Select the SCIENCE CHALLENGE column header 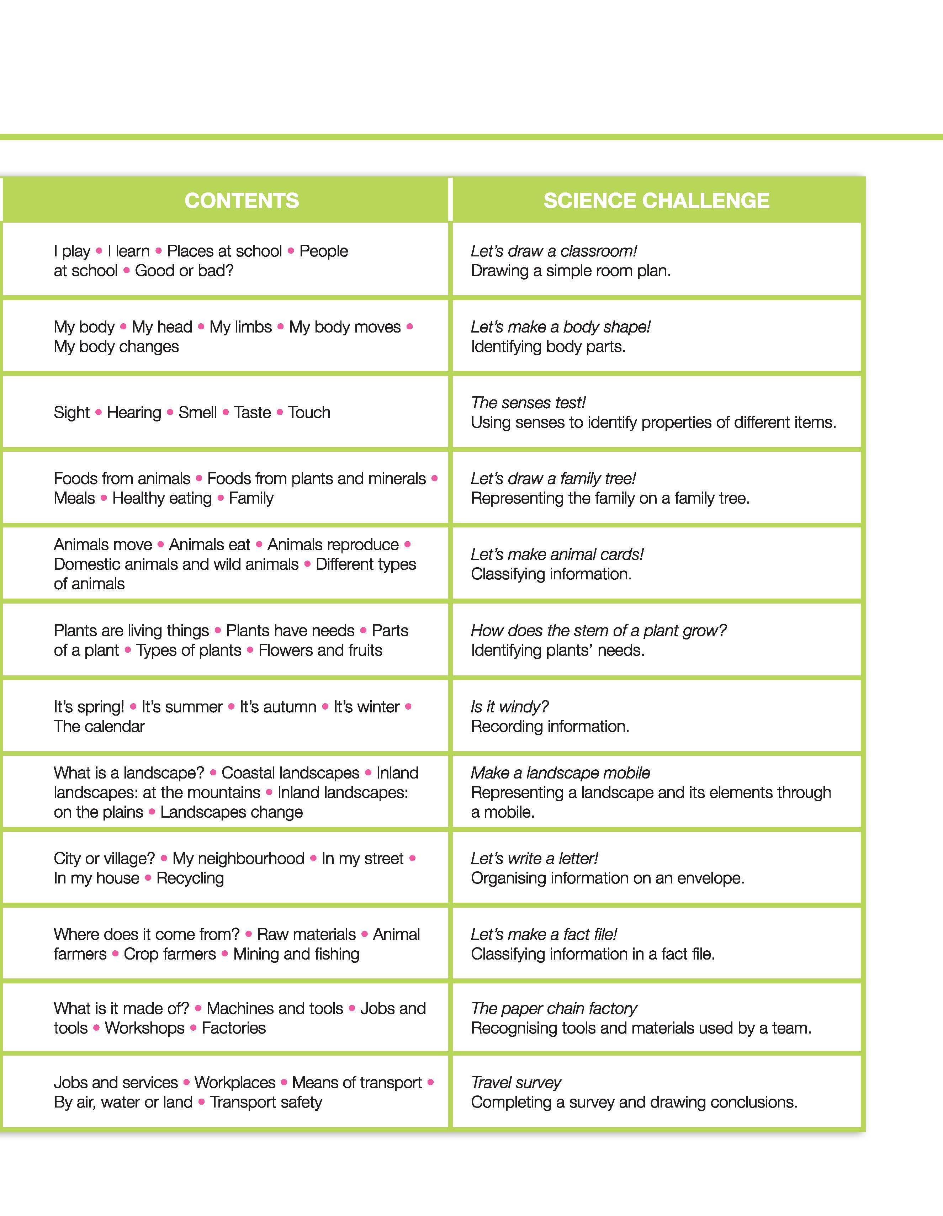click(656, 201)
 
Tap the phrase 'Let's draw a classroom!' click(553, 251)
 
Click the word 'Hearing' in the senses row click(134, 413)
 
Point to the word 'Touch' click(309, 413)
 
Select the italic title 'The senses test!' click(528, 403)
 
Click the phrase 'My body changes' click(116, 346)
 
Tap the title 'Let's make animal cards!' click(557, 554)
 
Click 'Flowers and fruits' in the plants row click(320, 650)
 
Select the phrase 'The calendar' click(99, 727)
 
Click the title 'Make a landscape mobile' click(560, 773)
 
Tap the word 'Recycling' click(190, 878)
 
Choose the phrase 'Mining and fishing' click(296, 954)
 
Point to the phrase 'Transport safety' click(266, 1103)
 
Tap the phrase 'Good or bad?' click(184, 271)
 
